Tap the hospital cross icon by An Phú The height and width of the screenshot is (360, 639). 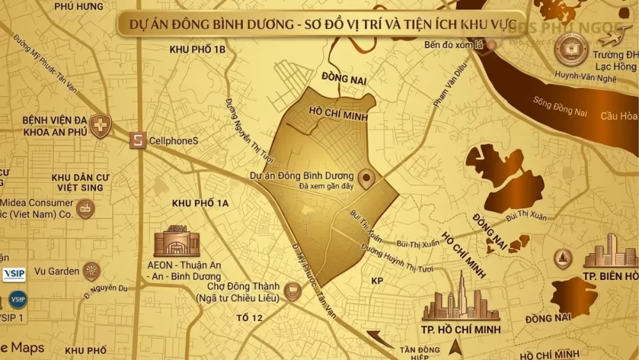coord(100,125)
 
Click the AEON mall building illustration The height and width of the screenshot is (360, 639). coord(176,242)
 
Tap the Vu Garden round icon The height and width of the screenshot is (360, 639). coord(91,271)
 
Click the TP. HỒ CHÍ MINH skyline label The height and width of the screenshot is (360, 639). coord(460,329)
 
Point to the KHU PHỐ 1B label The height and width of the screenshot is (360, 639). coord(198,49)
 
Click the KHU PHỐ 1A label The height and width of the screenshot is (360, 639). coord(201,203)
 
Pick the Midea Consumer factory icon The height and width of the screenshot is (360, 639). coord(85,208)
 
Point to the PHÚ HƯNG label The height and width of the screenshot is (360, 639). coord(79,6)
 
